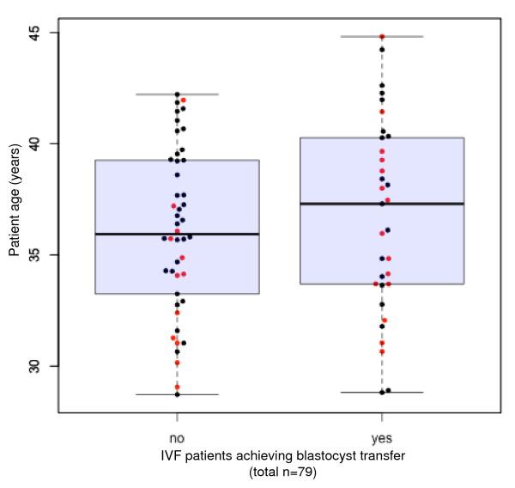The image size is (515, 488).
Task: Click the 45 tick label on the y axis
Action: click(x=44, y=33)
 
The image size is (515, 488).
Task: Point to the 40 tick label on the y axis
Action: click(x=44, y=143)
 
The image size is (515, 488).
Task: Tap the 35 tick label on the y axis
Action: click(x=44, y=255)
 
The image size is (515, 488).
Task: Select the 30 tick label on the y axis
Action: click(x=44, y=366)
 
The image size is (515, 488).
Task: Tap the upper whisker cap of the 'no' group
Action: click(x=178, y=95)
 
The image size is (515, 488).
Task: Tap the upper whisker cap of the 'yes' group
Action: click(x=382, y=37)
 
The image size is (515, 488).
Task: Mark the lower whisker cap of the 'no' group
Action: click(x=178, y=394)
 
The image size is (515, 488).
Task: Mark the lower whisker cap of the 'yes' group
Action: click(x=382, y=392)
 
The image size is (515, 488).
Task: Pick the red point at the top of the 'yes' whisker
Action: click(x=382, y=37)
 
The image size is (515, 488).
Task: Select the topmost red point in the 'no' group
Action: click(x=184, y=101)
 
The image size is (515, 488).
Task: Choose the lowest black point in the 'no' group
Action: click(x=178, y=394)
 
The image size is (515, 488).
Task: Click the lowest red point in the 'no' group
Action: click(x=178, y=387)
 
